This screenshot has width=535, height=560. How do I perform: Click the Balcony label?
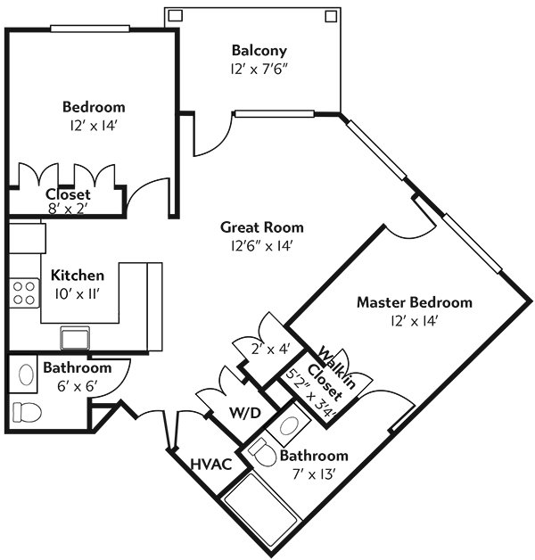[x=259, y=50]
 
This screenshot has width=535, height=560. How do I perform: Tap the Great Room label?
[x=262, y=227]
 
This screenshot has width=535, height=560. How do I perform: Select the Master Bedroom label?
[x=415, y=302]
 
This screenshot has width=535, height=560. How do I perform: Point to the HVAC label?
[x=211, y=465]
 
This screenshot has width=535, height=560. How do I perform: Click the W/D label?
[x=245, y=413]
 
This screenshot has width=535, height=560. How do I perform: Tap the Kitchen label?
[x=78, y=276]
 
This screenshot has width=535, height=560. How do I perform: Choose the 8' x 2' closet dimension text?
[x=68, y=208]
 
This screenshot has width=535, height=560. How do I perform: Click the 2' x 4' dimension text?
[x=271, y=349]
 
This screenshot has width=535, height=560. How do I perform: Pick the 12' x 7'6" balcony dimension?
[x=259, y=69]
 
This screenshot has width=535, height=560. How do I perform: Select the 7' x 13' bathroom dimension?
[x=314, y=474]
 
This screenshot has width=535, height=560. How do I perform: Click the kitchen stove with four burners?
[x=24, y=292]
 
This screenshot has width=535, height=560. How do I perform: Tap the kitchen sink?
[x=75, y=338]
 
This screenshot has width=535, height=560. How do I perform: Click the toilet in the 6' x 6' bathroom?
[x=27, y=412]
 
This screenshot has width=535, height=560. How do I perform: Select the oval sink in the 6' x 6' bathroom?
[x=26, y=375]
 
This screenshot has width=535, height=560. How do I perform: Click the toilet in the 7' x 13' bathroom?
[x=263, y=452]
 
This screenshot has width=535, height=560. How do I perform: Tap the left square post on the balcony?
[x=176, y=15]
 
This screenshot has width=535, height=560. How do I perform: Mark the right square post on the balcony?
[x=331, y=16]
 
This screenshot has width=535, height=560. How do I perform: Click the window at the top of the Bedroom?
[x=90, y=29]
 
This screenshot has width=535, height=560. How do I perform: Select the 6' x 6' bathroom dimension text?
[x=78, y=386]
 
